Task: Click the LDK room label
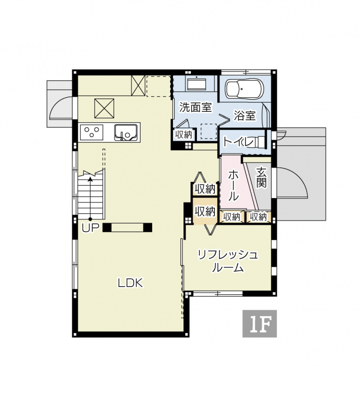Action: point(131,283)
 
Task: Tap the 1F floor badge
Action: point(259,323)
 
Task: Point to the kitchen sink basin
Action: point(127,132)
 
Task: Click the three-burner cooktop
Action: point(92,132)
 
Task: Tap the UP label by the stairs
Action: point(90,228)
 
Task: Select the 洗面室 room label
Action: point(195,107)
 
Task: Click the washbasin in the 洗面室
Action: point(196,83)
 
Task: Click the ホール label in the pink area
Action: point(233,186)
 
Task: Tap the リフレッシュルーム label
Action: point(228,261)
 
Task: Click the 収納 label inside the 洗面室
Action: point(183,135)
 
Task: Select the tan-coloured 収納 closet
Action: point(205,211)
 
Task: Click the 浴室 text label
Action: point(245,116)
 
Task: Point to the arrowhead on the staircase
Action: point(90,179)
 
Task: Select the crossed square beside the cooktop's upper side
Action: point(104,108)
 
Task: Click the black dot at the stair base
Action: point(90,219)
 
